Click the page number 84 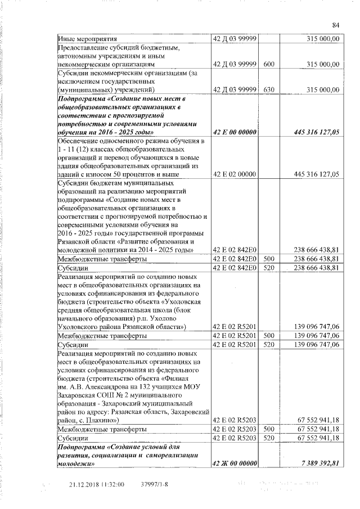pyautogui.click(x=336, y=25)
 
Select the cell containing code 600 pyautogui.click(x=269, y=64)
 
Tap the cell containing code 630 pyautogui.click(x=269, y=89)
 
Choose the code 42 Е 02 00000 pyautogui.click(x=233, y=175)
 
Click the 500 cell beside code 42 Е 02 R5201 pyautogui.click(x=269, y=335)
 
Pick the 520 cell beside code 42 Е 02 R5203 pyautogui.click(x=269, y=438)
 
